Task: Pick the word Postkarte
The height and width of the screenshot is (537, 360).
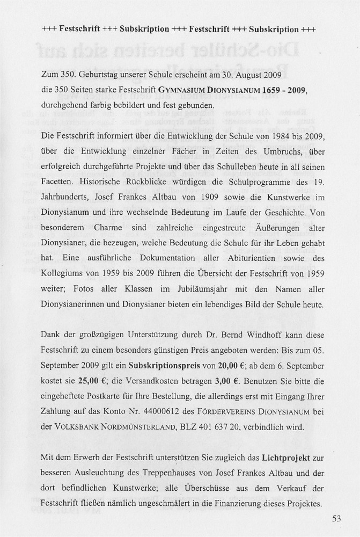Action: tap(109, 397)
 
